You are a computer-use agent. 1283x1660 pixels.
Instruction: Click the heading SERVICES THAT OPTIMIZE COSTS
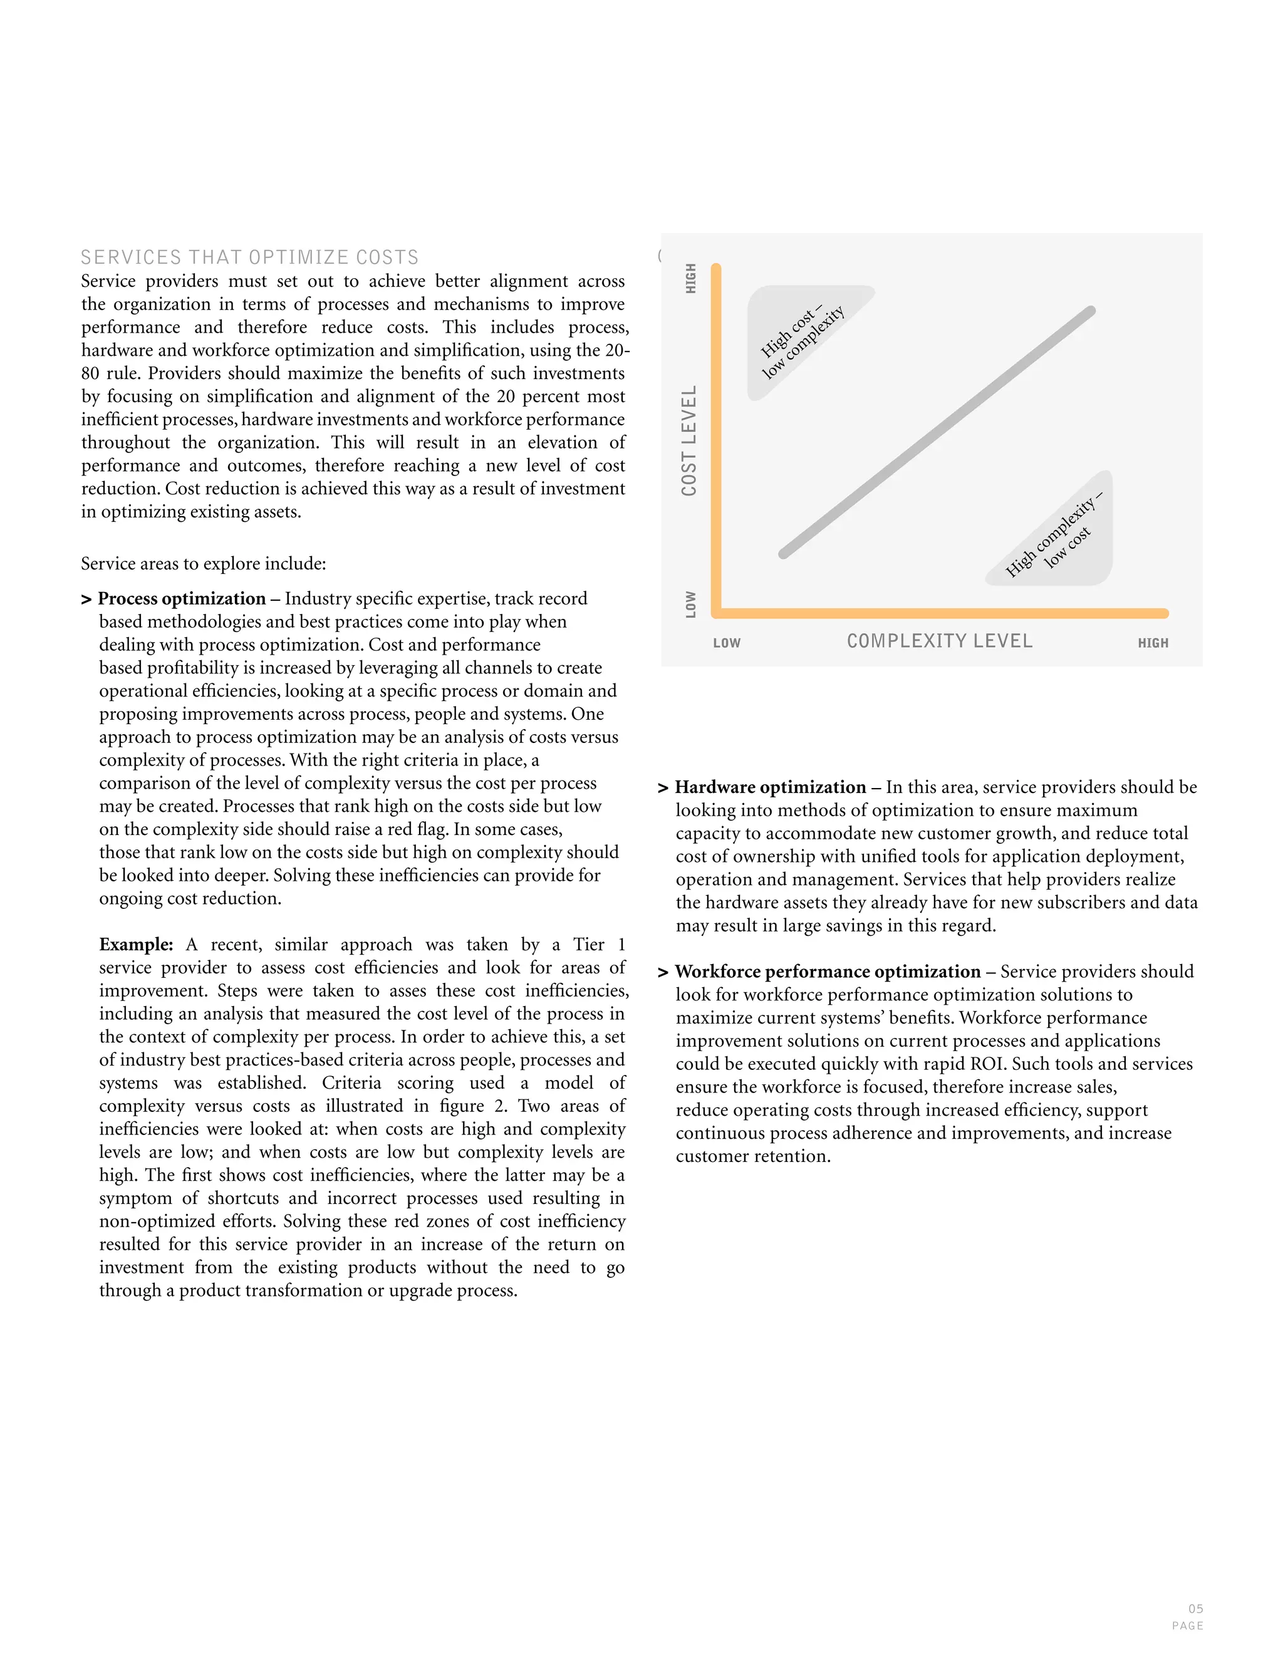click(x=250, y=257)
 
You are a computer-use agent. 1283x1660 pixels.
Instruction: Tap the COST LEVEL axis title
click(x=689, y=441)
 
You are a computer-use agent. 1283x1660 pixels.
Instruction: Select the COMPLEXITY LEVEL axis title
click(x=940, y=641)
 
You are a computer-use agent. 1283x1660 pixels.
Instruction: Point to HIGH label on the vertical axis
click(x=690, y=278)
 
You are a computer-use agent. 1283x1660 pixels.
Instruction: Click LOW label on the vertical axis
click(x=690, y=604)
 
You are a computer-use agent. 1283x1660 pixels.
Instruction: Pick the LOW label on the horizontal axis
click(x=727, y=643)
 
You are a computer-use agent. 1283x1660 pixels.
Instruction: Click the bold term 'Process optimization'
click(x=182, y=599)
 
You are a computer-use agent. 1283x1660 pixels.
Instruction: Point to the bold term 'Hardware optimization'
click(x=770, y=787)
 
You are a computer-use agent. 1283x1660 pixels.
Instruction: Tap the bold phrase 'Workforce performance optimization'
click(x=828, y=972)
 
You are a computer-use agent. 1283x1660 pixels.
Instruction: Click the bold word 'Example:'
click(x=136, y=945)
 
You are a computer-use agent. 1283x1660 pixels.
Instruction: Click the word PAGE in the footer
click(x=1187, y=1626)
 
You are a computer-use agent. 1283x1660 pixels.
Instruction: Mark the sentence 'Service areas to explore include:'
click(x=204, y=564)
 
